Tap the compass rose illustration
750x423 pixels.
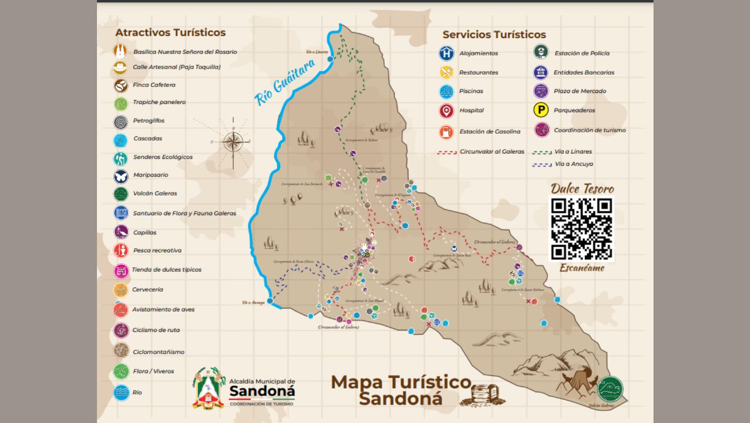point(233,141)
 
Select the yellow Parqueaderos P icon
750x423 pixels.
point(541,110)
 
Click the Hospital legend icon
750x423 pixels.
point(446,111)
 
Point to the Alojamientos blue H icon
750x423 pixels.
point(446,53)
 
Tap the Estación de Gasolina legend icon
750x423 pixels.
point(446,132)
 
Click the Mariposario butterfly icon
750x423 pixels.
point(121,176)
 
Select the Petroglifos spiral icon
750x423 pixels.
point(121,122)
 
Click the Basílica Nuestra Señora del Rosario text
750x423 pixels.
point(185,52)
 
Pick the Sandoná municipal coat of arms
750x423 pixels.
point(209,388)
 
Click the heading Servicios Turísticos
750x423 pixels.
point(494,34)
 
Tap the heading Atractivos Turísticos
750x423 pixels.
point(170,33)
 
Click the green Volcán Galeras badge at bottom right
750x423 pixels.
point(610,390)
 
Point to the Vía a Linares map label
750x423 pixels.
point(317,52)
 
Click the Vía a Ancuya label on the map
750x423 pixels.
point(253,303)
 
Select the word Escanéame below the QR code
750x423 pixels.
point(582,268)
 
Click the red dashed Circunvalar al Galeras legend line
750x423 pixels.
point(447,152)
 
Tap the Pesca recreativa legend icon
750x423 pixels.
point(121,250)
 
